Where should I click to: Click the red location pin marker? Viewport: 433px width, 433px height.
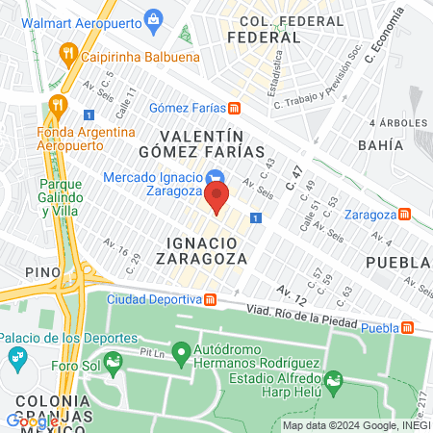pos(216,200)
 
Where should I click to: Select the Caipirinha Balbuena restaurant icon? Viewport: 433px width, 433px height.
pos(65,52)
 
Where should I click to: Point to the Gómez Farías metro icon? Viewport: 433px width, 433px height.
pos(248,109)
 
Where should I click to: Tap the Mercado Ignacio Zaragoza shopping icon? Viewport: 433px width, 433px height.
pos(216,177)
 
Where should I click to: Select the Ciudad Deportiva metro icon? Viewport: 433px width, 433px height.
pos(210,298)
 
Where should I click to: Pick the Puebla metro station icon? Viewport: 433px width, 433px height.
pos(408,328)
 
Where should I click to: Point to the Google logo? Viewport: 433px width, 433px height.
pos(32,420)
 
